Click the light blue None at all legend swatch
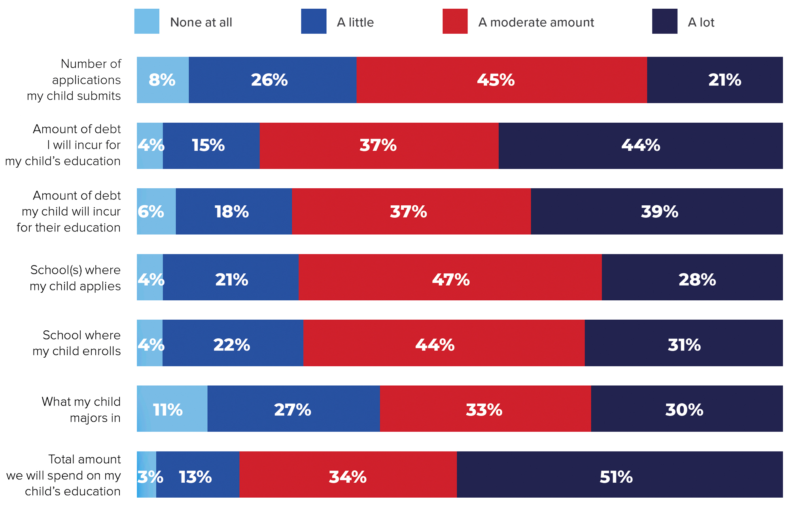coord(147,21)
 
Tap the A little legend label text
coord(355,23)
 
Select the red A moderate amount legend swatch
coord(455,21)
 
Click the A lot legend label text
coord(701,23)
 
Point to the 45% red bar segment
coord(501,80)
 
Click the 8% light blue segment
coord(163,80)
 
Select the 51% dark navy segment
coord(619,474)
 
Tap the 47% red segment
coord(450,277)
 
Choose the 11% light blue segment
coord(172,409)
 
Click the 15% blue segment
coord(211,146)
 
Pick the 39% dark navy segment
coord(657,211)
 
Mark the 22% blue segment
coord(233,343)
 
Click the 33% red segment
coord(485,409)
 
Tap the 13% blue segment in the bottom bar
coord(197,474)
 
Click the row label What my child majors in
coord(81,409)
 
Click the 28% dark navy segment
coord(692,277)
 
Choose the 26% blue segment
coord(272,80)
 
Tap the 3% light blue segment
coord(146,474)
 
